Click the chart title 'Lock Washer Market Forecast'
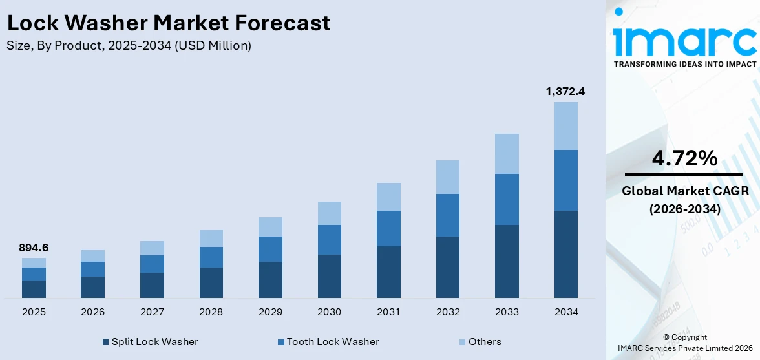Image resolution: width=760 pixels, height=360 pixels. click(168, 23)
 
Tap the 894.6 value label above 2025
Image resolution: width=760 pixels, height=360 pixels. click(34, 248)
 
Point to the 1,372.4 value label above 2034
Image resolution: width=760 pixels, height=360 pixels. click(565, 92)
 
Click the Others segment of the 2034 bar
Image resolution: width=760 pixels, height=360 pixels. click(566, 126)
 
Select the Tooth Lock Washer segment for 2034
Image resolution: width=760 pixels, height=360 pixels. click(566, 180)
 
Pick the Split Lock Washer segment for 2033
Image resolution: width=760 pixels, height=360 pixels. click(507, 261)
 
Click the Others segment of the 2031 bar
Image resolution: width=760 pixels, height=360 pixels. click(388, 196)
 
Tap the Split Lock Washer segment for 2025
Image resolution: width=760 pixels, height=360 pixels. click(34, 289)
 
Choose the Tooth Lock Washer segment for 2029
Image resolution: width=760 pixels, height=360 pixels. click(270, 249)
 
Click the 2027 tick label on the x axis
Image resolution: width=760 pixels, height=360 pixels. click(152, 312)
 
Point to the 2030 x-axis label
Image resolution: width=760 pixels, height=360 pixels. click(329, 312)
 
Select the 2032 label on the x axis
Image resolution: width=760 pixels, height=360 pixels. click(448, 312)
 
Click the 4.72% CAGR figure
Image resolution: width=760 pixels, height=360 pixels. click(684, 158)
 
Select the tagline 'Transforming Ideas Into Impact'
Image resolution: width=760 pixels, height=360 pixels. click(684, 65)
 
